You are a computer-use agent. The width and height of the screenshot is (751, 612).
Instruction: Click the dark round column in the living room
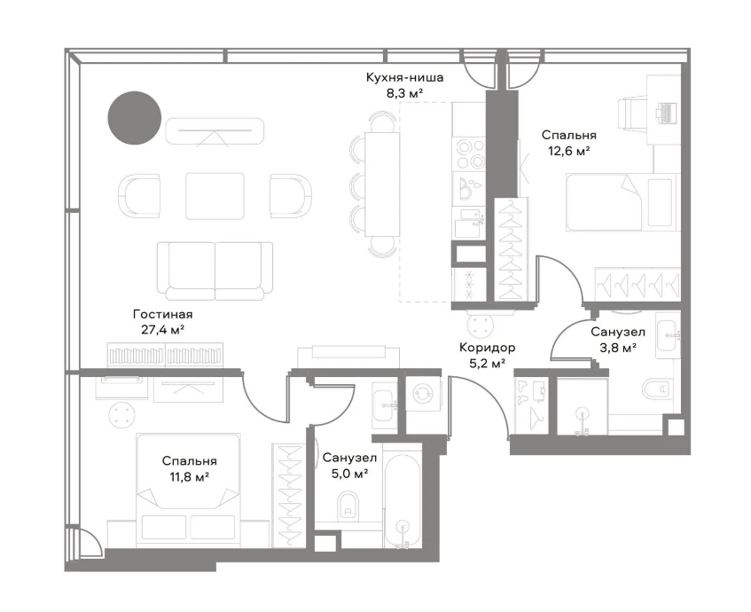point(134,118)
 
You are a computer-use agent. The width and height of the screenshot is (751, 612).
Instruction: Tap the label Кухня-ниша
point(404,78)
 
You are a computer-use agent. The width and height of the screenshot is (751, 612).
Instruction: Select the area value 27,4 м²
point(163,330)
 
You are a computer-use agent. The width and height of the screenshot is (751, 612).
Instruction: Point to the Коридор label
point(487,347)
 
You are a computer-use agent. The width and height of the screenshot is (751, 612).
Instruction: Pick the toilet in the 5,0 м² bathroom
point(348,506)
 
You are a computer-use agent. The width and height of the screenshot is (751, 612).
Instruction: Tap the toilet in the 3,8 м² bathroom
point(661,388)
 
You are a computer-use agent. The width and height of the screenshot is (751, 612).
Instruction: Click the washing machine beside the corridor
point(423,394)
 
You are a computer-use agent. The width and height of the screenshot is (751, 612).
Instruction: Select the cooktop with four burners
point(469,153)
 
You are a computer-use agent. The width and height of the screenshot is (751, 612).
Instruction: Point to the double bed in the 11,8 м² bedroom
point(188,490)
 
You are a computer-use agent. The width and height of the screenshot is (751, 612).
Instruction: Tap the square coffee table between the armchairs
point(215,196)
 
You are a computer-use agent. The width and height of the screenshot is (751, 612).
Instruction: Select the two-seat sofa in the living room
point(215,271)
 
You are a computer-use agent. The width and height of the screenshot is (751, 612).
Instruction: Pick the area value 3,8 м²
point(618,348)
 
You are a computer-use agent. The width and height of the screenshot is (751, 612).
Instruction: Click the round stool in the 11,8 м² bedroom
point(121,414)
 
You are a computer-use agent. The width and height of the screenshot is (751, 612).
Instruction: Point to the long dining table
point(382,184)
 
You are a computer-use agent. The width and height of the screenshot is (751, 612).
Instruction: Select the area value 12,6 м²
point(568,152)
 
